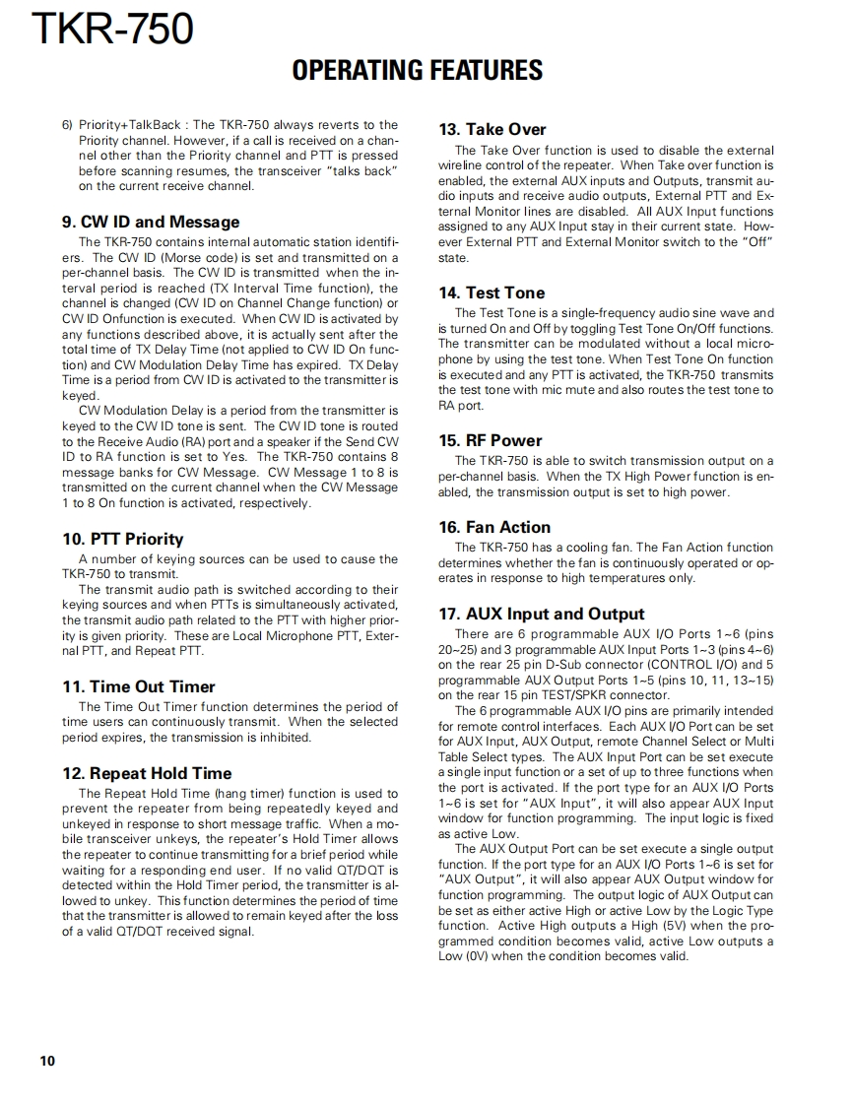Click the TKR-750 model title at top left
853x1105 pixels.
112,29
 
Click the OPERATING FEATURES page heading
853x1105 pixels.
418,71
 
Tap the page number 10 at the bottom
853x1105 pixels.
47,1060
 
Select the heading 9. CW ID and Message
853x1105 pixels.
151,222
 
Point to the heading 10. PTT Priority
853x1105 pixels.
122,539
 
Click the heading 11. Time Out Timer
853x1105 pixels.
138,686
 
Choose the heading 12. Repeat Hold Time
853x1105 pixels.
147,773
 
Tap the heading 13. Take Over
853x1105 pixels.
492,129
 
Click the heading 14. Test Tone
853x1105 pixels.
491,292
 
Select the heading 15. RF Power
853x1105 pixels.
490,440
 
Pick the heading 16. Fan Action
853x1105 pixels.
494,527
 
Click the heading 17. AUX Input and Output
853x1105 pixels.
541,614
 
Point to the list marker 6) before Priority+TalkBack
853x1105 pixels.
68,125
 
